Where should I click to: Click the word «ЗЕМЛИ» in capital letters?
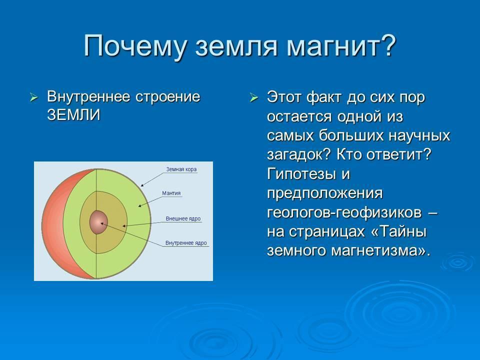[74, 115]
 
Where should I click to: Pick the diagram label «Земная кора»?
[181, 169]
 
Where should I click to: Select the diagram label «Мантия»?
[171, 193]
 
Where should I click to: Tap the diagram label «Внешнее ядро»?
[183, 218]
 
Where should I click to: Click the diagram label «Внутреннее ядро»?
[186, 243]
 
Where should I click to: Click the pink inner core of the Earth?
[98, 222]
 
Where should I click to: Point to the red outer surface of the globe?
[53, 223]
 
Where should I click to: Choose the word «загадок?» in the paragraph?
[299, 155]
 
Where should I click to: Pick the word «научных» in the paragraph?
[419, 136]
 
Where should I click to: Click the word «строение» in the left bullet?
[168, 97]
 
